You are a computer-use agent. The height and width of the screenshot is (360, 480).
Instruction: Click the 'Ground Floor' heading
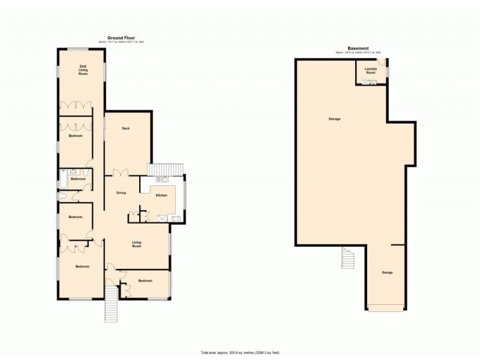tap(121, 37)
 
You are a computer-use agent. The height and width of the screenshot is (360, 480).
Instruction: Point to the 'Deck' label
tap(126, 128)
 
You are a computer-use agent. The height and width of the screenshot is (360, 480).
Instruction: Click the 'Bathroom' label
tap(77, 179)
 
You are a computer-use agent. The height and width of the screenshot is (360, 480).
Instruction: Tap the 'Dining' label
tap(121, 193)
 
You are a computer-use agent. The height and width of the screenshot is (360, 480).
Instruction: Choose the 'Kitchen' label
tap(161, 196)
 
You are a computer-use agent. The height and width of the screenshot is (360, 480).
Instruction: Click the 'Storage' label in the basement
tap(334, 119)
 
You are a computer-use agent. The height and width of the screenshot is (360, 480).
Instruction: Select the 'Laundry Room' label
tap(370, 71)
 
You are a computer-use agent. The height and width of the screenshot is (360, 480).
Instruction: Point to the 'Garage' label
tap(387, 272)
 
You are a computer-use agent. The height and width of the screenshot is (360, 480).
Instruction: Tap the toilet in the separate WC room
tap(62, 196)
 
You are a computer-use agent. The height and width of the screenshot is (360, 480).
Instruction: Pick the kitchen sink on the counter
tap(162, 179)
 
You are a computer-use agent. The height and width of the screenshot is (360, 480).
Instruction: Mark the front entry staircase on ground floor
tap(111, 304)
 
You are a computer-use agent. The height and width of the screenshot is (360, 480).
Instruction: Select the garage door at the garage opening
tap(386, 309)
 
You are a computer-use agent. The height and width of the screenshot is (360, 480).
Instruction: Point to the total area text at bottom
tap(240, 352)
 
